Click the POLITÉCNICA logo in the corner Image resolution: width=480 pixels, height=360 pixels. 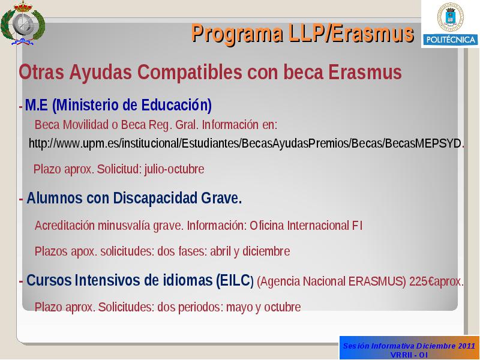(x=451, y=24)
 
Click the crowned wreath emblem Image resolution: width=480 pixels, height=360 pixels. (x=23, y=23)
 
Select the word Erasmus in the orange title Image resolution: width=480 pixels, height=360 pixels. (x=373, y=34)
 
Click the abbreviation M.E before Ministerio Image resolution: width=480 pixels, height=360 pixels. (x=37, y=105)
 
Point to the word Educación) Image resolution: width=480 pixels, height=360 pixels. (x=176, y=106)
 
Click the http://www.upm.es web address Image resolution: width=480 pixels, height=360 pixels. (x=247, y=143)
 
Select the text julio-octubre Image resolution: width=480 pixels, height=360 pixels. (x=174, y=169)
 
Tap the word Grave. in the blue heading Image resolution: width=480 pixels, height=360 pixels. (x=221, y=199)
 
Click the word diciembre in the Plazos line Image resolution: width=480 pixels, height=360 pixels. (x=266, y=251)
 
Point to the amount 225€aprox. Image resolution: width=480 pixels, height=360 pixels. (x=436, y=281)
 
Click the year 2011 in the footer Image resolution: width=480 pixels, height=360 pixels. (x=467, y=346)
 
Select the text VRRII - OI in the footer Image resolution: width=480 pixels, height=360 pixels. (x=409, y=355)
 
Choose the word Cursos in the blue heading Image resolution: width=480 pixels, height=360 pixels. (x=49, y=280)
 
